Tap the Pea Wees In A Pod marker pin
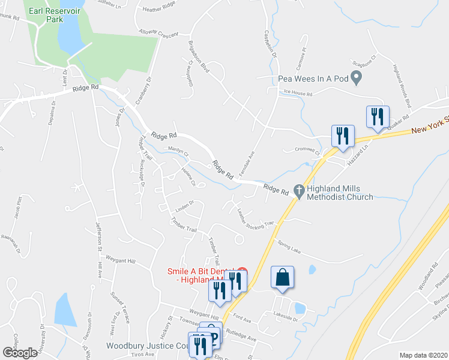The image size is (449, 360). (356, 78)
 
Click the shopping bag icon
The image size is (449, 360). (283, 277)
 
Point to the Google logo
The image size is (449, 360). (19, 352)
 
